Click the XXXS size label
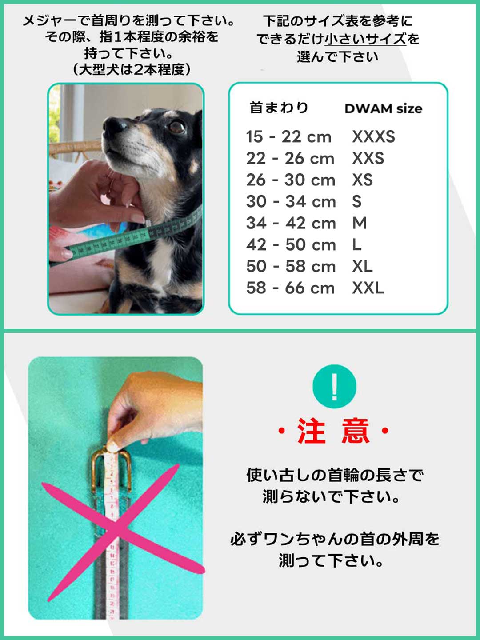click(x=373, y=136)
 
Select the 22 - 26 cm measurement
click(x=290, y=158)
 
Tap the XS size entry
click(x=362, y=180)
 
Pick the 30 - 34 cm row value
click(x=291, y=201)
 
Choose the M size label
click(x=360, y=223)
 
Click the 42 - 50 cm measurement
click(x=291, y=244)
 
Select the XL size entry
click(x=362, y=266)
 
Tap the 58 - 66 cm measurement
click(x=290, y=288)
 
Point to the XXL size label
click(x=368, y=288)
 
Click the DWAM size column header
click(x=383, y=108)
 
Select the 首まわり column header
click(x=279, y=108)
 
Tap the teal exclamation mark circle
click(x=334, y=386)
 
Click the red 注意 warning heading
click(x=334, y=431)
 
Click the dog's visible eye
click(x=177, y=127)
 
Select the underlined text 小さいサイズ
click(x=365, y=38)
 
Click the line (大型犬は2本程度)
click(x=132, y=69)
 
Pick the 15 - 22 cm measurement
click(x=289, y=136)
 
